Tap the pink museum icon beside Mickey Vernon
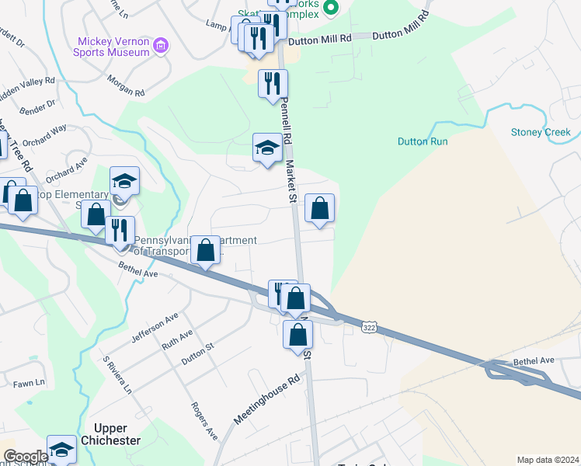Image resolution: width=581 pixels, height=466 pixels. coord(161,46)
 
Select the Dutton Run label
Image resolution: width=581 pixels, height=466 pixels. coord(423,141)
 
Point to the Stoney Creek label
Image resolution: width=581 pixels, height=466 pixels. coord(541,132)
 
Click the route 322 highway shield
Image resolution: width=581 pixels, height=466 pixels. coord(371,329)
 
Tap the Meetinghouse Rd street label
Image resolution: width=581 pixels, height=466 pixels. coord(266,402)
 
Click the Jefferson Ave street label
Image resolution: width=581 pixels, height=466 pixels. coord(155,327)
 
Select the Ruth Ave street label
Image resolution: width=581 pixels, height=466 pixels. coord(176,339)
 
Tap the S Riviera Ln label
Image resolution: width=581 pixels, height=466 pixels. coord(118,374)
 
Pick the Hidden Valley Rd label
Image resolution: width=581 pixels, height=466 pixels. coord(29,85)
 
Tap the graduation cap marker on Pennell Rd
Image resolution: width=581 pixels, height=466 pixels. coord(267,148)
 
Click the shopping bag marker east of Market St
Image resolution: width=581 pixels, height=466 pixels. coord(319,208)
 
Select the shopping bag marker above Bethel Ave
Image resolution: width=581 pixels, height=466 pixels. coord(205,251)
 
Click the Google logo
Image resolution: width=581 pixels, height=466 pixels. coord(26,457)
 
